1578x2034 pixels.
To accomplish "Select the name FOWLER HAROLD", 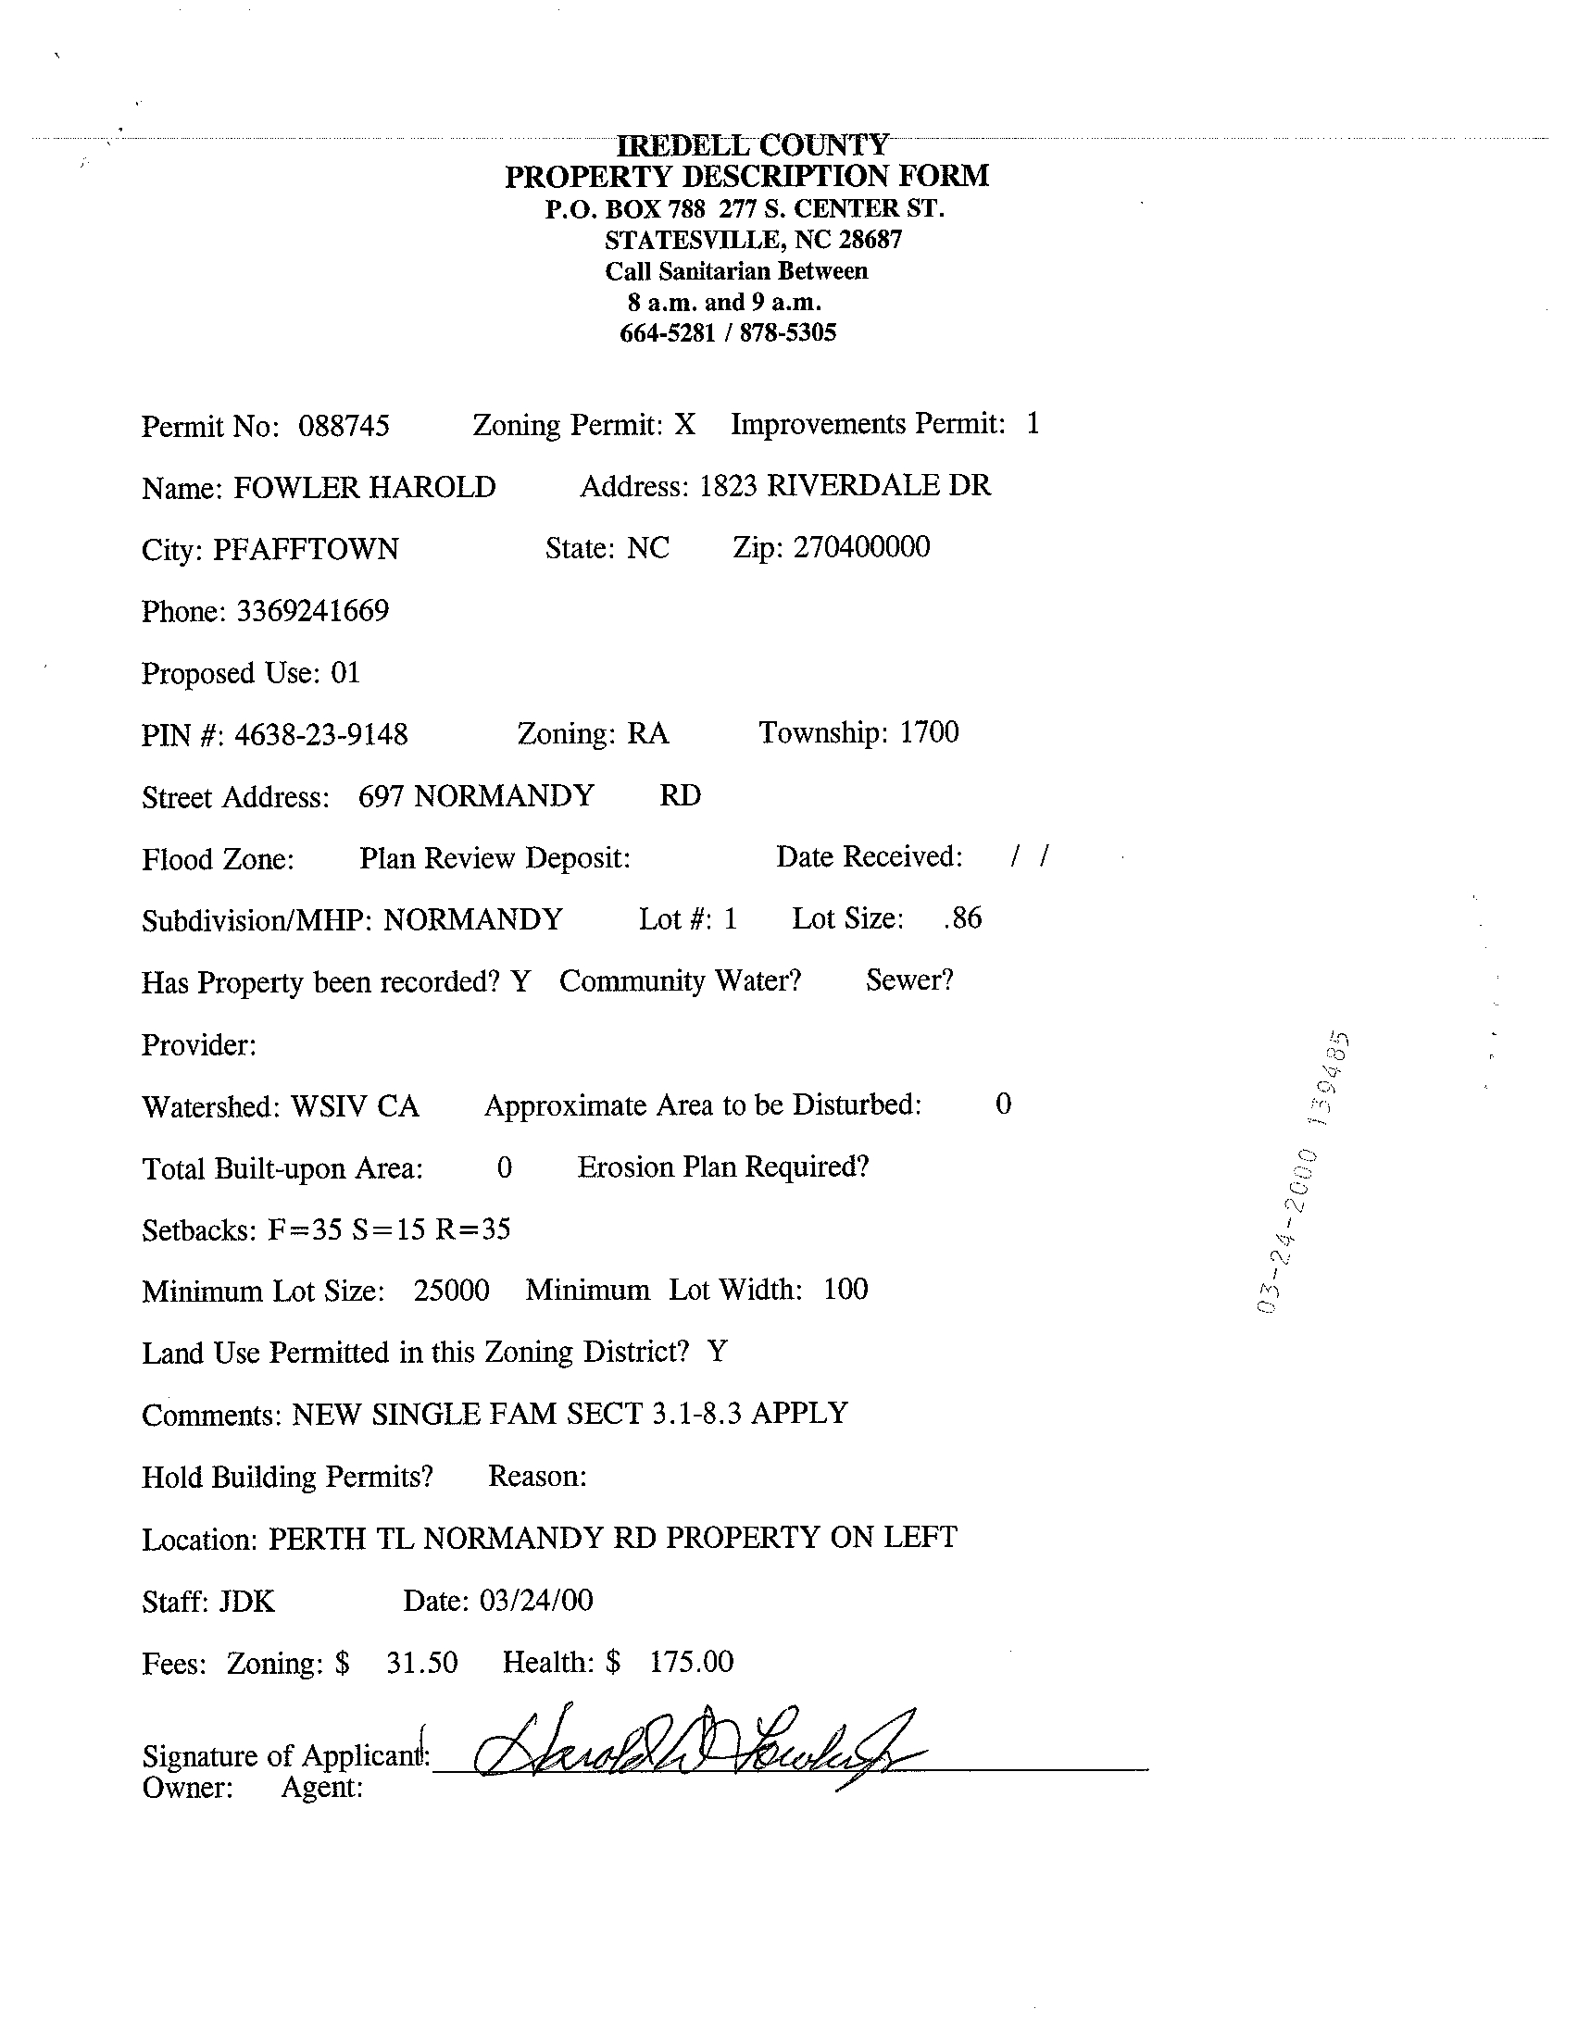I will (364, 487).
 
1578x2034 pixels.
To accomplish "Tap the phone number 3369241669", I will (312, 611).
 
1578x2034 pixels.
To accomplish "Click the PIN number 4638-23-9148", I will (320, 735).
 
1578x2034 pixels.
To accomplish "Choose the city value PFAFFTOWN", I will (306, 550).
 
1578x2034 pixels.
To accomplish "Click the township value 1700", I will (929, 732).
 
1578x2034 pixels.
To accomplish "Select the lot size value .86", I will (962, 918).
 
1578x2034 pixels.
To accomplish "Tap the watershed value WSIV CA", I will (355, 1106).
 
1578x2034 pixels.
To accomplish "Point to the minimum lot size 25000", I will (452, 1290).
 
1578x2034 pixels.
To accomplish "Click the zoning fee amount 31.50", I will (422, 1663).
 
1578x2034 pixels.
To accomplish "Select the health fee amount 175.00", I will (691, 1662).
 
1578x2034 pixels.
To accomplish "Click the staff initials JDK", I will (247, 1602).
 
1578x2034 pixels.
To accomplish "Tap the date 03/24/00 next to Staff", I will (535, 1600).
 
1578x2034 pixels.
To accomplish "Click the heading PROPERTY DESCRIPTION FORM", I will (746, 176).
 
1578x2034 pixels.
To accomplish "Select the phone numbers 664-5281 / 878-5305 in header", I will (728, 333).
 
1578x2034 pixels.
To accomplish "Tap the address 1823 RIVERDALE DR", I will (845, 485).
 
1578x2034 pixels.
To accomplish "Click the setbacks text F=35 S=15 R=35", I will (389, 1230).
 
